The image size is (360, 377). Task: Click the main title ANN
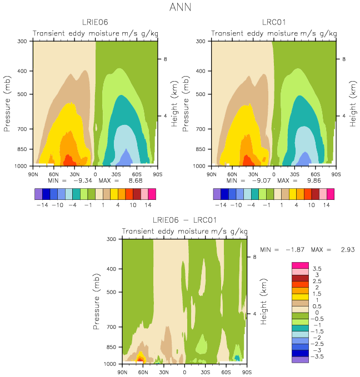coord(180,7)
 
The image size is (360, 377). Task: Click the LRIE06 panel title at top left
coord(95,22)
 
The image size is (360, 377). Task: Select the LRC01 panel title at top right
coord(274,22)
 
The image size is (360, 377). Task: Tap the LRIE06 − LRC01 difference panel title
coord(184,220)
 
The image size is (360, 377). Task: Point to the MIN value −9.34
coord(83,180)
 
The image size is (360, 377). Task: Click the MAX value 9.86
coord(314,180)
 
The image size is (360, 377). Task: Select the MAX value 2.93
coord(348,249)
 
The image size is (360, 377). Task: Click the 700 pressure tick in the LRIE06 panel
coord(22,129)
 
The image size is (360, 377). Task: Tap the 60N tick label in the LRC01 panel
coord(232,174)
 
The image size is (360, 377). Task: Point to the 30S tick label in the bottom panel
coord(205,372)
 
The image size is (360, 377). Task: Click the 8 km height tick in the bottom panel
coord(254,257)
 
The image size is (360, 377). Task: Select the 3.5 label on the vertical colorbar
coord(317,269)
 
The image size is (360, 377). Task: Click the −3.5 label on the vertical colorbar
coord(317,356)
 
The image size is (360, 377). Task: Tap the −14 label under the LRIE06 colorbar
coord(42,205)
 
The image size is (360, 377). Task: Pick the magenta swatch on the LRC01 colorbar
coord(331,194)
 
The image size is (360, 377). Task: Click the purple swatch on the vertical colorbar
coord(300,360)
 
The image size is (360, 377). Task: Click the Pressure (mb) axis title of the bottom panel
coord(96,301)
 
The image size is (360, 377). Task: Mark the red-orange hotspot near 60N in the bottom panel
coord(140,359)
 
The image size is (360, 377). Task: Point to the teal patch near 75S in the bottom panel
coord(237,358)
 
